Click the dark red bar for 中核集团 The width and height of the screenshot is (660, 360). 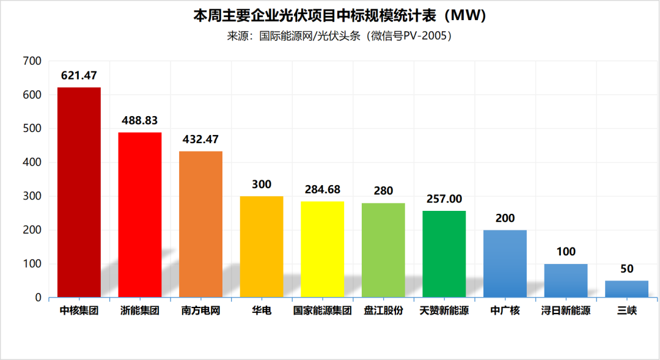79,193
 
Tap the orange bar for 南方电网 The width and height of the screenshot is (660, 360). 200,224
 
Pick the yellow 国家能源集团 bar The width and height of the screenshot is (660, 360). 322,249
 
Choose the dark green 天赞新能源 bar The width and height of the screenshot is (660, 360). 444,254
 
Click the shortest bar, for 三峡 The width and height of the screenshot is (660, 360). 626,289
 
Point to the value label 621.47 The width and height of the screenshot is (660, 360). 79,76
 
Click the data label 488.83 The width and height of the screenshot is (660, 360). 140,120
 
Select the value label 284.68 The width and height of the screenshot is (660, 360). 322,189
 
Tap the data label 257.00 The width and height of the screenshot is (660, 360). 444,199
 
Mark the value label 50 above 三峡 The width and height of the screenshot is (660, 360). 626,269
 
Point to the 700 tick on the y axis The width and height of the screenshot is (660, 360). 31,61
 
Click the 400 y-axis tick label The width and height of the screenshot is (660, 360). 31,163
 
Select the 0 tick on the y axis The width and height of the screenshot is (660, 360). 38,298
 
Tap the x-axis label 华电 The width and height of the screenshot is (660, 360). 262,310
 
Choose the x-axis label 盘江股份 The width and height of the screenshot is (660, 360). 383,310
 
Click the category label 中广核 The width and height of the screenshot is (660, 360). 505,310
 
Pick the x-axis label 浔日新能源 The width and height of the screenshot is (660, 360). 566,310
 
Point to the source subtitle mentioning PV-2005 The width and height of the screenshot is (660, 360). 340,35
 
